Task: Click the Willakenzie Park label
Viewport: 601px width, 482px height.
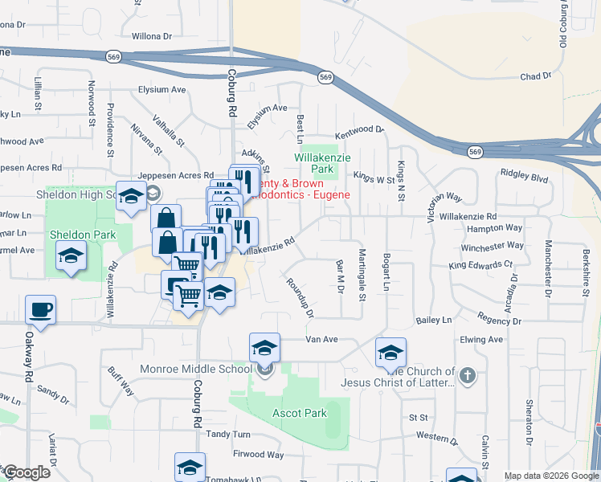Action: [324, 164]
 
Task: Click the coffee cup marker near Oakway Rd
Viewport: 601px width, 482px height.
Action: [40, 308]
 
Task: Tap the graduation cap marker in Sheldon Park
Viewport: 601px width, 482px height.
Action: [71, 256]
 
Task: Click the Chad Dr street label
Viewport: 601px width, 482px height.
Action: [536, 76]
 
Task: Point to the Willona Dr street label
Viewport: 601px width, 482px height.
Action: [152, 36]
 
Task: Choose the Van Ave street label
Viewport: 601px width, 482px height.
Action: [321, 339]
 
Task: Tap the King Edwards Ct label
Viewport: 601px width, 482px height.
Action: [480, 263]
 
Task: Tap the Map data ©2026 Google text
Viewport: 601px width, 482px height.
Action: [550, 476]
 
